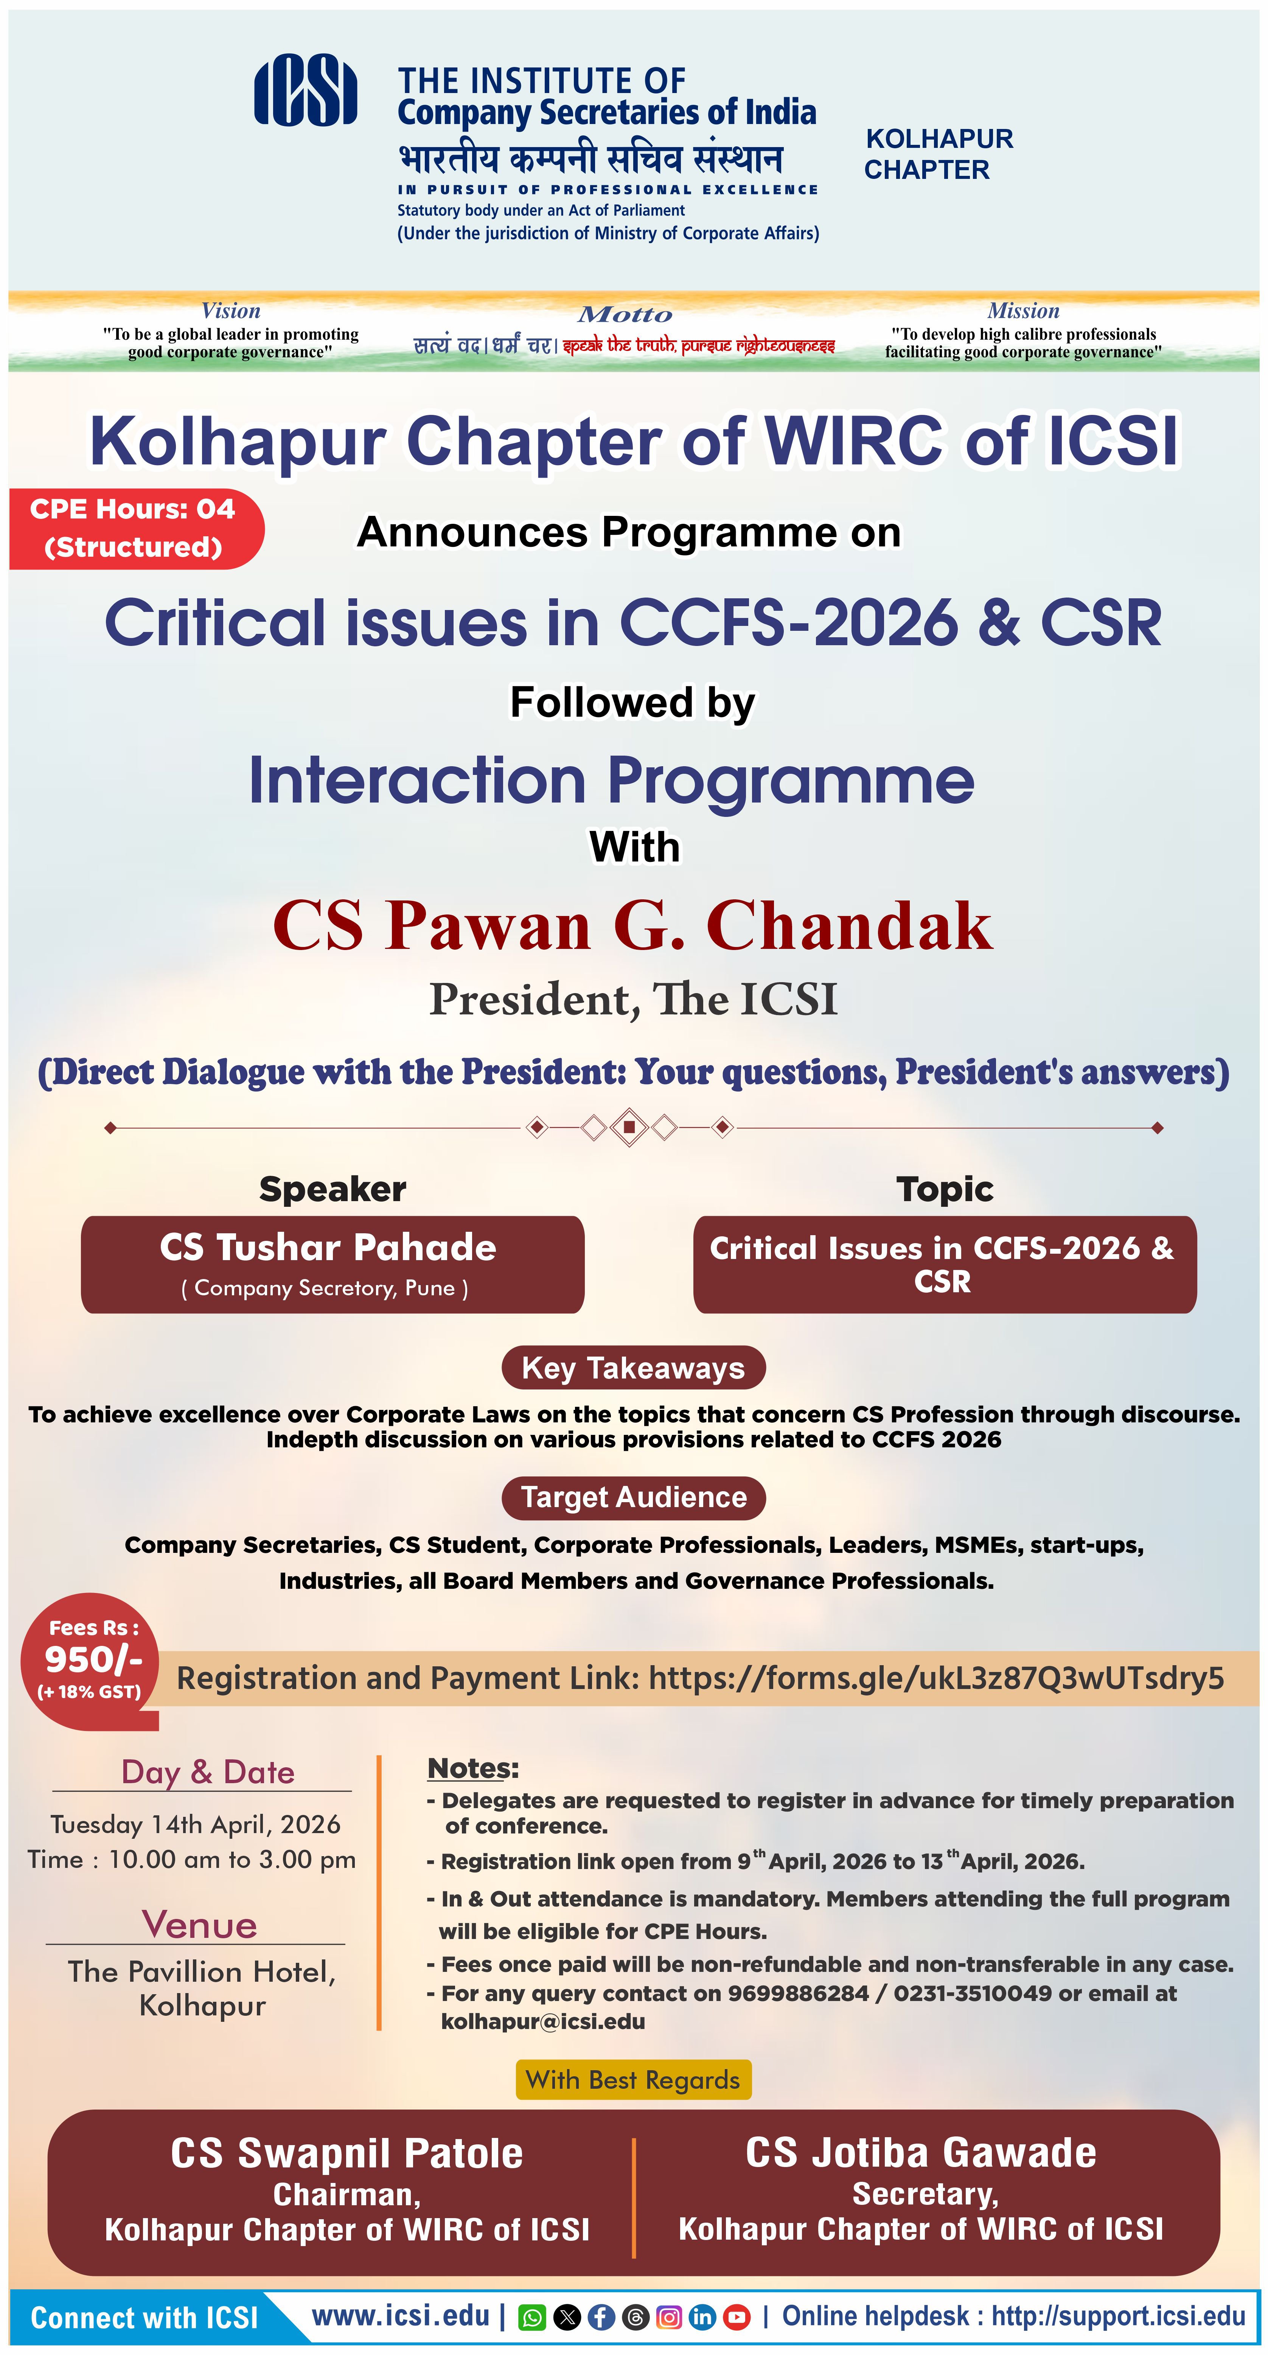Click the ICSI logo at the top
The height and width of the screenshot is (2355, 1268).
305,90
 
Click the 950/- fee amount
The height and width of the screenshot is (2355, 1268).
93,1658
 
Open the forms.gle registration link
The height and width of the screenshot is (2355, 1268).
936,1678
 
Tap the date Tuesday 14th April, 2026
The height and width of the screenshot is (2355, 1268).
196,1824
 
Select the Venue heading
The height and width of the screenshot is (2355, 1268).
199,1924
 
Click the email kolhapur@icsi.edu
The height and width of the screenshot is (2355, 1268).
543,2021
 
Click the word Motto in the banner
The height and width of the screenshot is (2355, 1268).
625,315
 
